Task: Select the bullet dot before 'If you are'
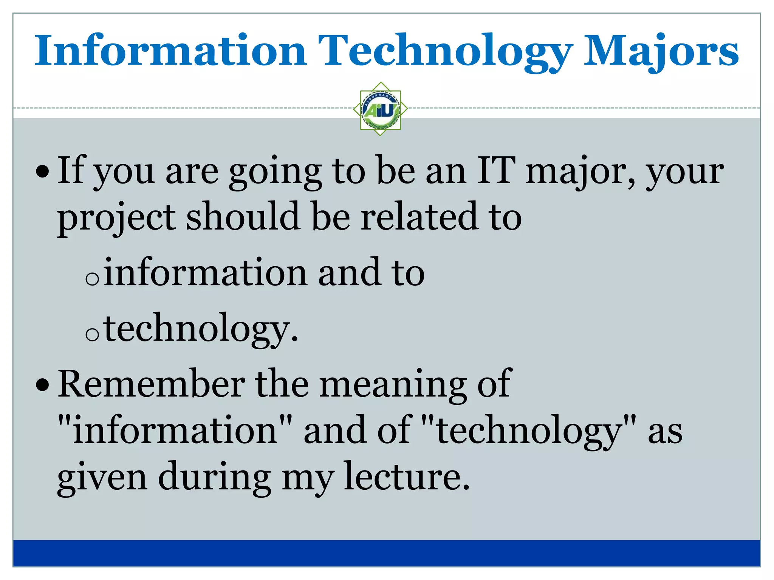pyautogui.click(x=42, y=173)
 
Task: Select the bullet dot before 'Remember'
pyautogui.click(x=42, y=386)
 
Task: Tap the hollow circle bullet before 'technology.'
pyautogui.click(x=92, y=334)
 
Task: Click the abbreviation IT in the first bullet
pyautogui.click(x=496, y=171)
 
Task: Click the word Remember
pyautogui.click(x=151, y=384)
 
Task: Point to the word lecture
pyautogui.click(x=407, y=477)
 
